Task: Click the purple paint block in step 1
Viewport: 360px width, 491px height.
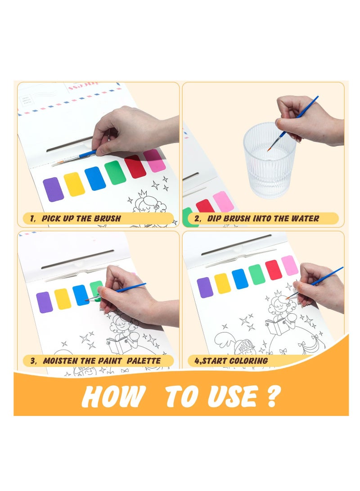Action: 53,189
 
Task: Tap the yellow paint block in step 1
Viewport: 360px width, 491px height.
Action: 74,184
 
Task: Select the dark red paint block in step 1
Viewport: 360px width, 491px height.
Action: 135,167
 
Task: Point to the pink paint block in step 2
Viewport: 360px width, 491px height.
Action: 223,202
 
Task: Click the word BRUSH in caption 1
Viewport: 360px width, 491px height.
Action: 107,219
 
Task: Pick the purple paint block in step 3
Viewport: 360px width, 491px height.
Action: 44,302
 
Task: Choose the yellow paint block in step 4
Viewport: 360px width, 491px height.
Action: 222,283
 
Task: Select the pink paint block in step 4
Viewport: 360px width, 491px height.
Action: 290,266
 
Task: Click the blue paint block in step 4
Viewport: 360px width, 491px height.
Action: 240,279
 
